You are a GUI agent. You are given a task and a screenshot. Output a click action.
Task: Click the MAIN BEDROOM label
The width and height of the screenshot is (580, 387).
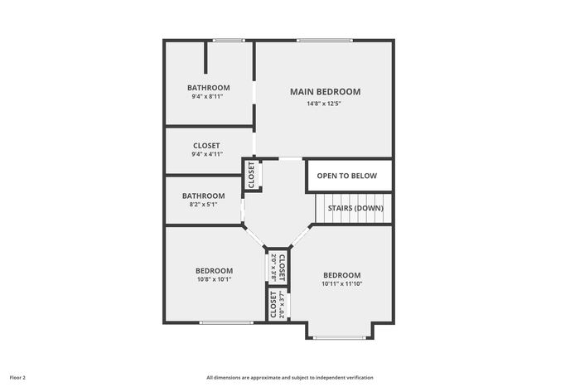[x=325, y=92]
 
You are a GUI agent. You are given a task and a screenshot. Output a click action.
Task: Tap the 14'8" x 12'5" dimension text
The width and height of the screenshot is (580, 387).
[x=324, y=104]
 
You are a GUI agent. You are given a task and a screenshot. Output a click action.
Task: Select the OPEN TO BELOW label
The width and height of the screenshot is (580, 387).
[x=347, y=176]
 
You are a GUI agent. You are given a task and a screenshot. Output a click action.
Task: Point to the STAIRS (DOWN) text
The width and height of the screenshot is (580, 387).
[x=355, y=208]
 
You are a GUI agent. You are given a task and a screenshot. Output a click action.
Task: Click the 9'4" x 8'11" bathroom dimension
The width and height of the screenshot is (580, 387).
[x=207, y=97]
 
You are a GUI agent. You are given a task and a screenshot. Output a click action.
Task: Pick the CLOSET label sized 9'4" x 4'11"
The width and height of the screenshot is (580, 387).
[x=206, y=146]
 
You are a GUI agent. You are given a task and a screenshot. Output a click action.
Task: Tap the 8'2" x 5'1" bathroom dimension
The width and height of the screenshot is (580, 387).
[x=203, y=204]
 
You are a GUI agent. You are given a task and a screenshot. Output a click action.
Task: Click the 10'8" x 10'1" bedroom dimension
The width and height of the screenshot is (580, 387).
[x=214, y=279]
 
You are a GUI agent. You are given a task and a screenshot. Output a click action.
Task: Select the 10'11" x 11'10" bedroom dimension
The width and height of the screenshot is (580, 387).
[x=341, y=283]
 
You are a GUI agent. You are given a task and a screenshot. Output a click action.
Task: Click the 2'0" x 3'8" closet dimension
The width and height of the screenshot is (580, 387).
[x=274, y=267]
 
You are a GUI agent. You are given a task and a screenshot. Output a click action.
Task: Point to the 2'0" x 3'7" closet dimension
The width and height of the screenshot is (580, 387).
[x=283, y=306]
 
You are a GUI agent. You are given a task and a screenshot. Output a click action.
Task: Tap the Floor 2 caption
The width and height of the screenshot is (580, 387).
[x=17, y=378]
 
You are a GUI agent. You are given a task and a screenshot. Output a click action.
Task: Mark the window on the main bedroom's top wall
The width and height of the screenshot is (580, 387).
[x=325, y=41]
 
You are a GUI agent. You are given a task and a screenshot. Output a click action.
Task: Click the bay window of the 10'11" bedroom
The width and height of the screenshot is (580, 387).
[x=340, y=337]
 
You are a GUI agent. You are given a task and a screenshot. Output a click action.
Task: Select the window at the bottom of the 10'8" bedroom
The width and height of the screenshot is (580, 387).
[x=226, y=322]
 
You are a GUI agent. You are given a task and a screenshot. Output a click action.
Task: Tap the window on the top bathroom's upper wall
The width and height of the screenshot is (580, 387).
[x=229, y=41]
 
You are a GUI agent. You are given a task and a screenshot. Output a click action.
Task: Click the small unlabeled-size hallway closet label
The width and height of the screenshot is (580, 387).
[x=252, y=175]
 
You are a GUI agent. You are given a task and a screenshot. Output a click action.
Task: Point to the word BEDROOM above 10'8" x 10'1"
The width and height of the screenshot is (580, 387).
[x=214, y=271]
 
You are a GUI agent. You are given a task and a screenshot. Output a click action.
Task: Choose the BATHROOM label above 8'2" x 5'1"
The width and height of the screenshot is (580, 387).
[x=204, y=196]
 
